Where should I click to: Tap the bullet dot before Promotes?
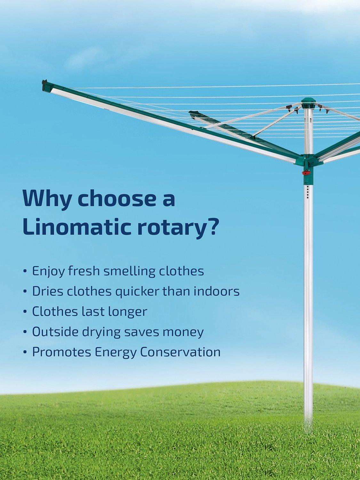pos(25,353)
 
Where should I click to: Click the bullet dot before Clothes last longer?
pos(25,312)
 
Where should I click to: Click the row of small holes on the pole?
pos(308,192)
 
